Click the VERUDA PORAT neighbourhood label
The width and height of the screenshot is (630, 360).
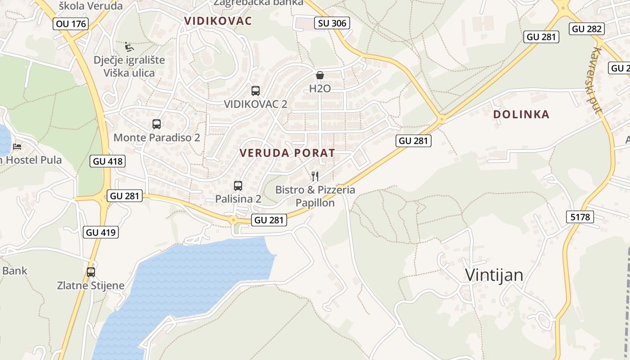288,153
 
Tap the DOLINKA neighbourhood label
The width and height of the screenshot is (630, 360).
521,114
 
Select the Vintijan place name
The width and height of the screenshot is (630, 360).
494,275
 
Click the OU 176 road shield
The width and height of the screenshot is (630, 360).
71,24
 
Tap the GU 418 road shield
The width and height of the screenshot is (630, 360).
107,161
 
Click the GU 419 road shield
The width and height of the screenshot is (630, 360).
101,232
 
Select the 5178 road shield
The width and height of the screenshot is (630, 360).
580,217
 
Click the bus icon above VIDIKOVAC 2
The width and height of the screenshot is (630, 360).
256,90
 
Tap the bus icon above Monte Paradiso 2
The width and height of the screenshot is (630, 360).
157,124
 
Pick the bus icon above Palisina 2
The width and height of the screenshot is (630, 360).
238,185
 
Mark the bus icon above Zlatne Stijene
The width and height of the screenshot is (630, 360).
91,272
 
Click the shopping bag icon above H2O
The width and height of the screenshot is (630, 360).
320,75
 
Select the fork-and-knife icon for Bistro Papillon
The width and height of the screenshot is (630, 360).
315,176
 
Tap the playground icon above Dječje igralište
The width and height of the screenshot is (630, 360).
129,47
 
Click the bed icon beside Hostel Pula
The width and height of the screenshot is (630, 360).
17,147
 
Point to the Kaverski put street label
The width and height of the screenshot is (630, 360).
597,81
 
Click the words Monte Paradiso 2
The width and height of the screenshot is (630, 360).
157,137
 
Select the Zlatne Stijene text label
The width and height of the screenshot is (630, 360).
90,285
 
